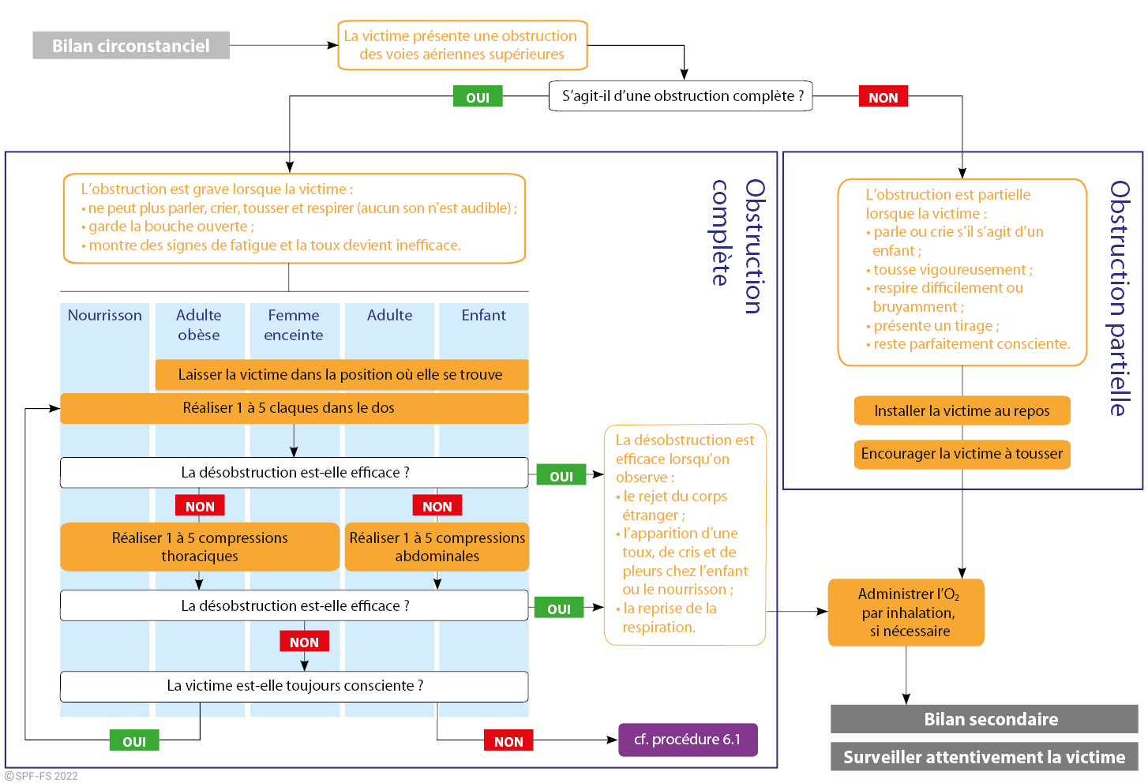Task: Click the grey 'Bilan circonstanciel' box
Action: point(131,46)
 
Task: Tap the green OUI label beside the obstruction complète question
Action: point(478,97)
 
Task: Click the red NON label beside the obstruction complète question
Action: point(883,97)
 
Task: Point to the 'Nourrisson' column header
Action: point(105,315)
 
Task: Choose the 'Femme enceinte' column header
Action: point(294,324)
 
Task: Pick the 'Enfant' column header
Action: point(483,315)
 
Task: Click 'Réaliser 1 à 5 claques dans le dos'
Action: point(294,408)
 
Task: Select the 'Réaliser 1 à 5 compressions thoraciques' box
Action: point(200,546)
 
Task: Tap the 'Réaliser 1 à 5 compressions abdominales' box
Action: point(437,546)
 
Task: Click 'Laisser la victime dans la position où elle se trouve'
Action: point(341,375)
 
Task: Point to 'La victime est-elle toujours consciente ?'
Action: point(294,686)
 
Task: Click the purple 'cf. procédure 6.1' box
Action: point(688,740)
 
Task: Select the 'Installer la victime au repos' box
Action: point(962,410)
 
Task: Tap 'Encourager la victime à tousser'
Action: point(962,454)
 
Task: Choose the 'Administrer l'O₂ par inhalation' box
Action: point(906,613)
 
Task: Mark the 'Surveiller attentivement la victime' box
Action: point(984,757)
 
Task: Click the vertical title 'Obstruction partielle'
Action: point(1120,298)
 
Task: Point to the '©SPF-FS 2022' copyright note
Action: point(41,776)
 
